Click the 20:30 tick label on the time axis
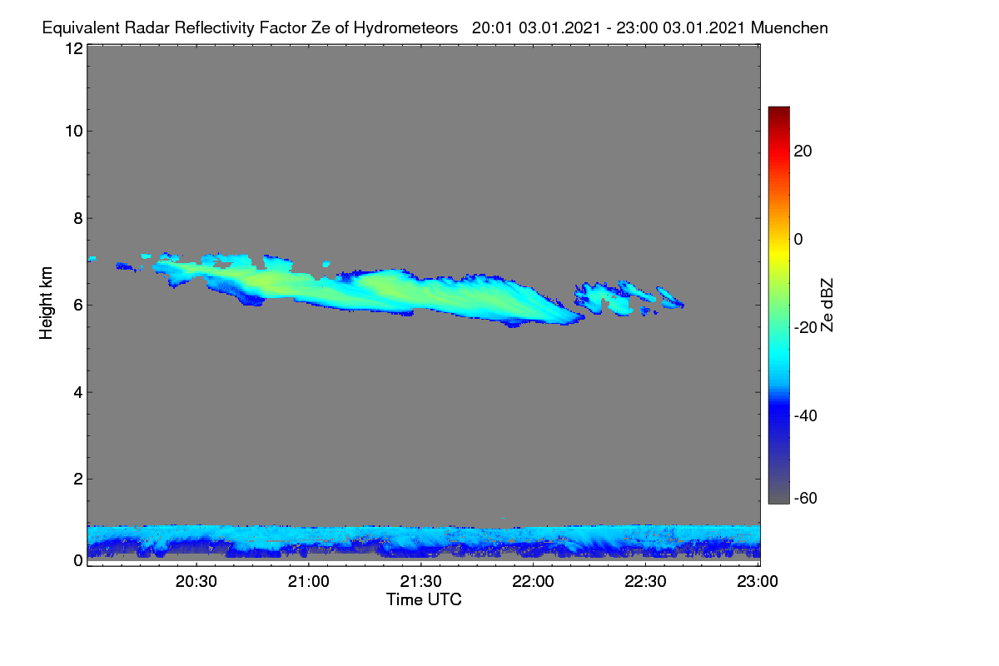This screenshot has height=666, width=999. tap(196, 581)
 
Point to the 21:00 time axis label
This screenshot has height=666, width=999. tap(308, 581)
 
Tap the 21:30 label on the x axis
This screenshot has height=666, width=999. tap(420, 581)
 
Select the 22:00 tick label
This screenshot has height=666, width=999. tap(533, 581)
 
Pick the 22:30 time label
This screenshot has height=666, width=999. tap(645, 581)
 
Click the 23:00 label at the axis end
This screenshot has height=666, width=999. tap(758, 581)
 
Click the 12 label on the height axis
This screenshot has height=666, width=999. tap(74, 48)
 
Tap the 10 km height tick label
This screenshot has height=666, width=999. tap(74, 132)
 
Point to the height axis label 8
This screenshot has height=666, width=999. tap(78, 218)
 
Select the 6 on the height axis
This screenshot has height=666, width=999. tap(78, 306)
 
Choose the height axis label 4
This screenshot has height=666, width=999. tap(78, 392)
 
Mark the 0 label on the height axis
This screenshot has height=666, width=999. tap(78, 561)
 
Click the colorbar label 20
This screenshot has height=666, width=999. tap(803, 152)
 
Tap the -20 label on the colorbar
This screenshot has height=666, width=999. tap(806, 327)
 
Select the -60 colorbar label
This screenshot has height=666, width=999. tap(806, 499)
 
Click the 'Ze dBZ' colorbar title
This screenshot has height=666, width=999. tap(827, 306)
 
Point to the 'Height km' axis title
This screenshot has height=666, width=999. tap(46, 303)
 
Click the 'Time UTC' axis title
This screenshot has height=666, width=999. tap(424, 599)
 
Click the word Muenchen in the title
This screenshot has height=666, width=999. tap(789, 27)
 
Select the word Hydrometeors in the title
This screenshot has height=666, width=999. tap(405, 28)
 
